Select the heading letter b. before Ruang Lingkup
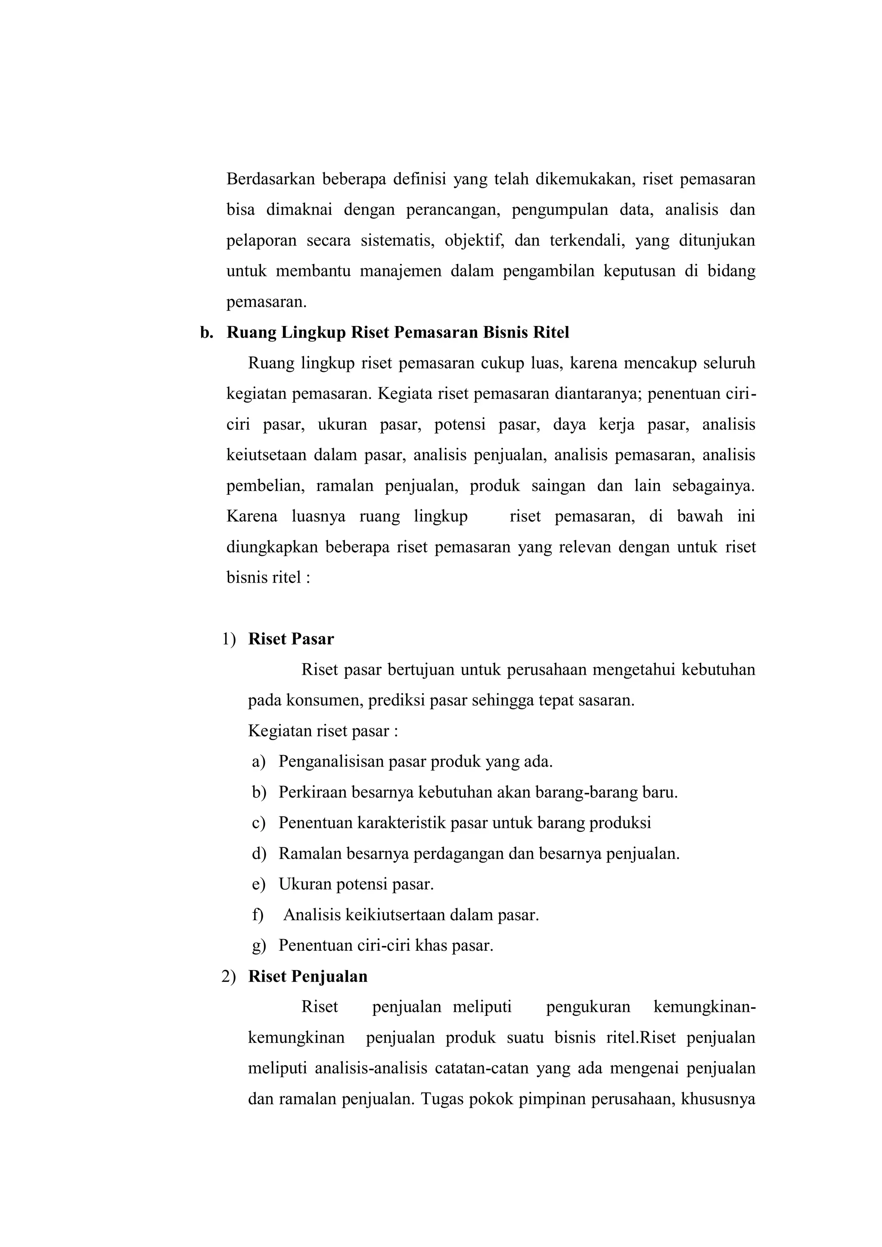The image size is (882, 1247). coord(206,332)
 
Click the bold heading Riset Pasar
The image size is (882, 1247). coord(291,639)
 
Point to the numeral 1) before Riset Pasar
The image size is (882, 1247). coord(229,639)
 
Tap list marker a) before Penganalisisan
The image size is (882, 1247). coord(258,761)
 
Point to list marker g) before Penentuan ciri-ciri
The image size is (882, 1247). coord(258,946)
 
